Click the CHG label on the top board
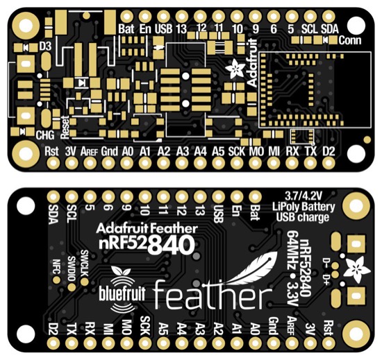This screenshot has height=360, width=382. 45,135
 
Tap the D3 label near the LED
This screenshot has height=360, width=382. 46,46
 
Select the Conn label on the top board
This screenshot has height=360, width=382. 349,40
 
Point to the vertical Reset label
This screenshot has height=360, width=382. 65,127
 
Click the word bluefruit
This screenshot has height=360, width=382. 122,293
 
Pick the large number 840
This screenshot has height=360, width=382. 172,245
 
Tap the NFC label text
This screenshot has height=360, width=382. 56,266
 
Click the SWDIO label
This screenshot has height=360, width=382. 72,268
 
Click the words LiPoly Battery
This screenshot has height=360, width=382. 304,207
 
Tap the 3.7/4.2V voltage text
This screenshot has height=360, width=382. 304,196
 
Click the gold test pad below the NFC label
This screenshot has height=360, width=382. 57,280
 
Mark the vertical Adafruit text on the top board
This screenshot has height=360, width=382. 252,62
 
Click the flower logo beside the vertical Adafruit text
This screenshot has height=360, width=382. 235,69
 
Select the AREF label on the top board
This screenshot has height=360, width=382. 89,152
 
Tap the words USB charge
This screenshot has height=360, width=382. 303,217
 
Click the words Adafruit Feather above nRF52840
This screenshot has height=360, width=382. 147,229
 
